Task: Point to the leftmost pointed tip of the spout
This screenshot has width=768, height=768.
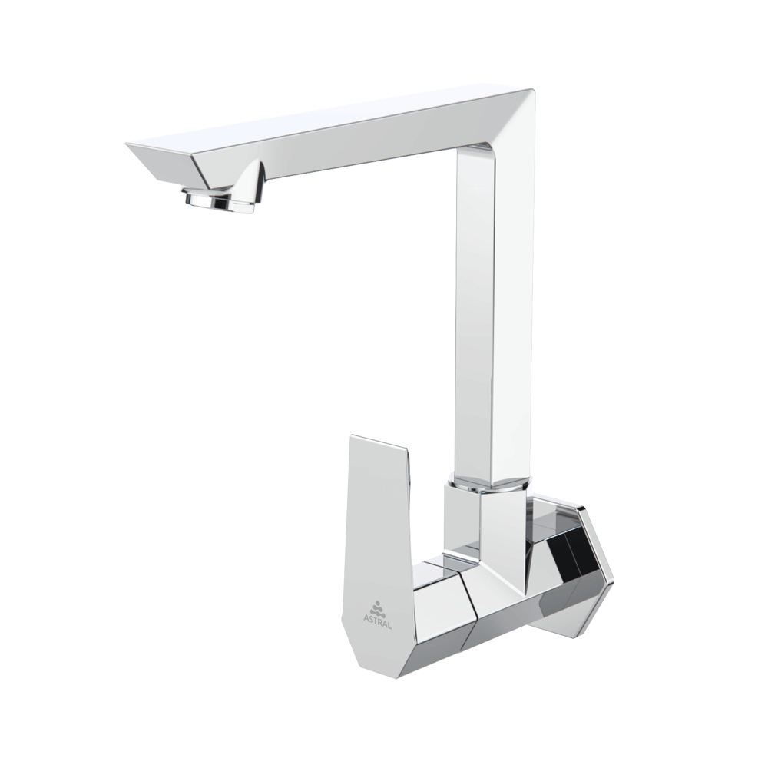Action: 127,144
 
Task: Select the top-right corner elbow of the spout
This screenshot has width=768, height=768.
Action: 522,108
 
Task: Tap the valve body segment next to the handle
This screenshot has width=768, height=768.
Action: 438,614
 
